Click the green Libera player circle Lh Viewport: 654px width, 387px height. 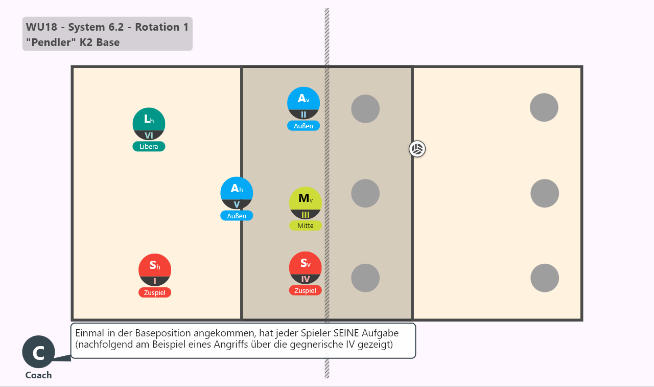click(149, 124)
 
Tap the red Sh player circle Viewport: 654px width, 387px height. click(155, 270)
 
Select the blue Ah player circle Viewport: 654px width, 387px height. click(237, 193)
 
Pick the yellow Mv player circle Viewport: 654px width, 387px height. click(306, 203)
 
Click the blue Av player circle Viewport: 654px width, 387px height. click(303, 103)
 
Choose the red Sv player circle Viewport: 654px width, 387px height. click(305, 268)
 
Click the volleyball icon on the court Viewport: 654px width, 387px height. click(417, 149)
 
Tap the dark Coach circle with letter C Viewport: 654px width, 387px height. click(38, 352)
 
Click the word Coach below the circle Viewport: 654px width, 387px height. click(38, 375)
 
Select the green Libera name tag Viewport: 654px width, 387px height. click(149, 146)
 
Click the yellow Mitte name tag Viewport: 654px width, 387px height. click(306, 225)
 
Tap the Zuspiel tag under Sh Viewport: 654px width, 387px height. click(155, 292)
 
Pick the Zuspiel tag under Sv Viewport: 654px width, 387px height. click(305, 290)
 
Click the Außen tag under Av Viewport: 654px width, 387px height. click(303, 126)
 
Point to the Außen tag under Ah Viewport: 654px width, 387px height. click(237, 216)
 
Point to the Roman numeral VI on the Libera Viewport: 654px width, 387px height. click(149, 135)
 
